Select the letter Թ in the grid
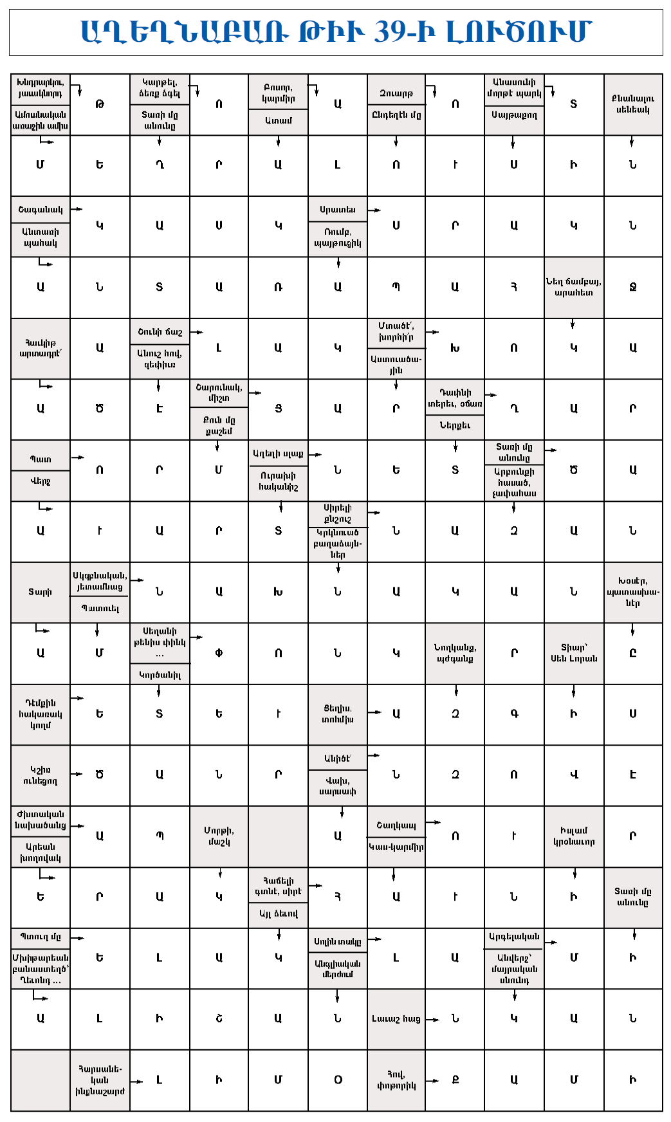(x=100, y=104)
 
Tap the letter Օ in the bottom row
(x=338, y=1080)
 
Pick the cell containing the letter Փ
(x=219, y=653)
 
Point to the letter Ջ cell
(x=633, y=287)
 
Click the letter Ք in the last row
(x=455, y=1080)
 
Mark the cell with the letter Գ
(x=514, y=713)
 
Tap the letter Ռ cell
(x=279, y=287)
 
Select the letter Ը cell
(x=633, y=653)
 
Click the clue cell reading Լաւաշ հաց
(x=396, y=1018)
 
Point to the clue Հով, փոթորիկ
(x=396, y=1080)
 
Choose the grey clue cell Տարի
(x=40, y=592)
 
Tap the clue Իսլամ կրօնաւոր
(x=574, y=836)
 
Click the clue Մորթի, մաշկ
(x=219, y=836)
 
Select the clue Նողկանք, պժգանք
(x=455, y=653)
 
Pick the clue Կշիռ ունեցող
(x=40, y=775)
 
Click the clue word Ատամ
(x=279, y=120)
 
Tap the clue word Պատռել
(x=100, y=608)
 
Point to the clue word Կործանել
(x=160, y=675)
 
